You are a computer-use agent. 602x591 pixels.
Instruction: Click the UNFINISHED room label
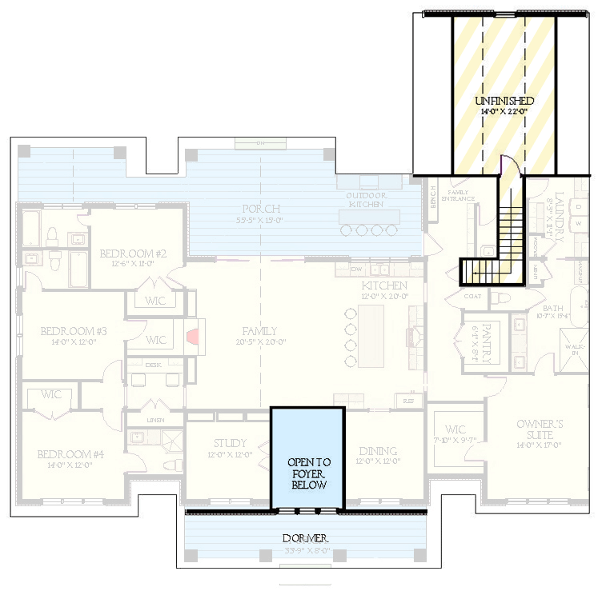[504, 101]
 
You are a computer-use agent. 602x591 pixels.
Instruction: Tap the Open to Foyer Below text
[309, 473]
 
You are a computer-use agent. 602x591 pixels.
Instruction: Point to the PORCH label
[263, 210]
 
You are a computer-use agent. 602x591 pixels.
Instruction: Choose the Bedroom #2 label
[133, 254]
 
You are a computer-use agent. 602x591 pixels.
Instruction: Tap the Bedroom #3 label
[74, 330]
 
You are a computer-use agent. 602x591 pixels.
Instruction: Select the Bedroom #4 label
[70, 454]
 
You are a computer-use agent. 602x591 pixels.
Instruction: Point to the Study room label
[230, 444]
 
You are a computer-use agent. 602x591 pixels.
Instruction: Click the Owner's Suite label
[518, 424]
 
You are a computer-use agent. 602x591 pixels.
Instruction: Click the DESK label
[154, 364]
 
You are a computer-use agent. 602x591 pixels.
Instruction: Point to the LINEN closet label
[155, 420]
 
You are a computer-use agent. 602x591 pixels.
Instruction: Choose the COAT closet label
[472, 295]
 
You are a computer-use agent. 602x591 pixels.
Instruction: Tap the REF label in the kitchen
[409, 400]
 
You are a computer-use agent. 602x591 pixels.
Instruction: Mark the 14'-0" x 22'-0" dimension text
[504, 112]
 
